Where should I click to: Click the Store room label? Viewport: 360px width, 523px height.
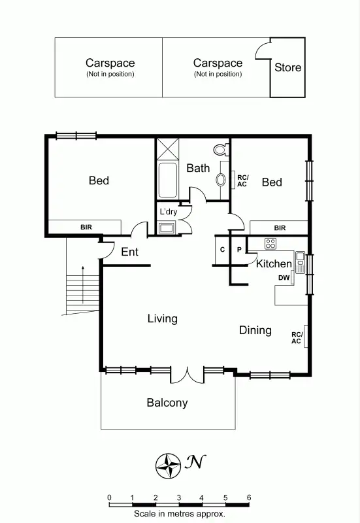287,67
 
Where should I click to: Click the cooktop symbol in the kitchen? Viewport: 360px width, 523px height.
270,244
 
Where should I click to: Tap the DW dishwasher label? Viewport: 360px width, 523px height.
284,278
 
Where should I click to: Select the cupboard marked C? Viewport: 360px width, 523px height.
222,250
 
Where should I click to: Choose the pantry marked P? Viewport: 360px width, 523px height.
239,250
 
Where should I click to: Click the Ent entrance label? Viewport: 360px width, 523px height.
129,252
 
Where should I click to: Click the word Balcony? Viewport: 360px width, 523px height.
167,403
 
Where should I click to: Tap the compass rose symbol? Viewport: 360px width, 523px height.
169,465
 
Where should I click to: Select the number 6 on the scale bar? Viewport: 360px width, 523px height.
248,498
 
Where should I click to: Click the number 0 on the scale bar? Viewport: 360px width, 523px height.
109,498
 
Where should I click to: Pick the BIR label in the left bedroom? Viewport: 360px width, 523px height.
86,228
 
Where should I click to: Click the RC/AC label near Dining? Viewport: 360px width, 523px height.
297,337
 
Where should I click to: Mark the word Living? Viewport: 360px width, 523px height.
162,318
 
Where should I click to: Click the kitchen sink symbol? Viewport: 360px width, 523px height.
300,262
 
